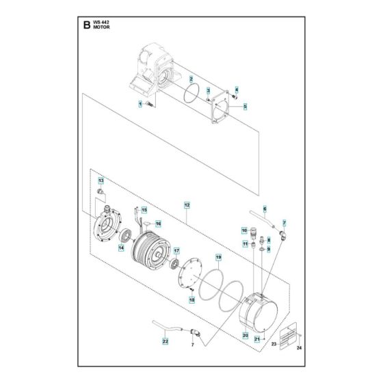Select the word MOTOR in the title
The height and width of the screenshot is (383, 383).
101,29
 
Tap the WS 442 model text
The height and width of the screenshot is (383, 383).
101,23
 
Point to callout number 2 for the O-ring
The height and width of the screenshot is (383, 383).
191,80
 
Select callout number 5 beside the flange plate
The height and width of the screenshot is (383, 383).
244,106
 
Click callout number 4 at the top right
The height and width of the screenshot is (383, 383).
237,90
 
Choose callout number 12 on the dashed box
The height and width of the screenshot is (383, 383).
187,204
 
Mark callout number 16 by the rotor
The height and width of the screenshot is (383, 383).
157,224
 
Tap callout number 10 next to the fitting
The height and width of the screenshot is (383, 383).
244,231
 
